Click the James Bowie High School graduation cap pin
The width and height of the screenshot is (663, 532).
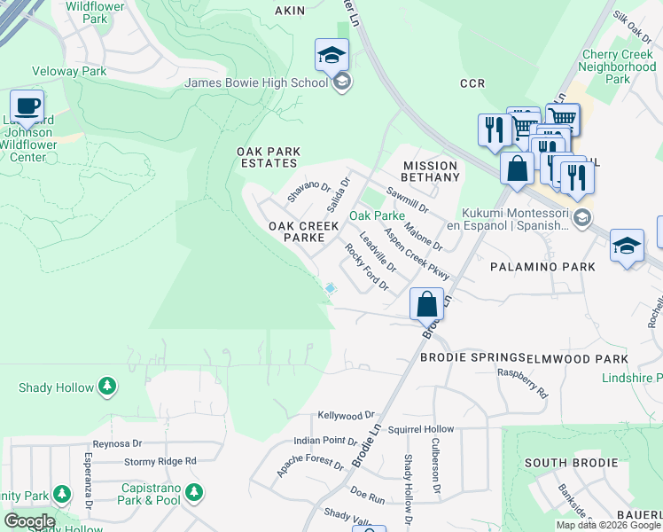pyautogui.click(x=331, y=56)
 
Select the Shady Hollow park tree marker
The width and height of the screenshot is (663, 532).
pyautogui.click(x=107, y=386)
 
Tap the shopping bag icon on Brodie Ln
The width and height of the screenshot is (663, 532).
pyautogui.click(x=426, y=304)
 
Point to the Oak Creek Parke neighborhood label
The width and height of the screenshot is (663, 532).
pyautogui.click(x=304, y=231)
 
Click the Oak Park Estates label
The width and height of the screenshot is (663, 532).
pyautogui.click(x=267, y=157)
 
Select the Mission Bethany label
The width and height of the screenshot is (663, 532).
pyautogui.click(x=431, y=171)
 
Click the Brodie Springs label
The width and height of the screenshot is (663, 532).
pyautogui.click(x=471, y=358)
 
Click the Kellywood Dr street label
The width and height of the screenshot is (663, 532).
pyautogui.click(x=347, y=415)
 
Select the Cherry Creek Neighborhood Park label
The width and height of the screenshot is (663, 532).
pyautogui.click(x=619, y=66)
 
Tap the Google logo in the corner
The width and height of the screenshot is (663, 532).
pyautogui.click(x=28, y=521)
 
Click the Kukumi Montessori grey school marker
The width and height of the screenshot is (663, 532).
pyautogui.click(x=582, y=218)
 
